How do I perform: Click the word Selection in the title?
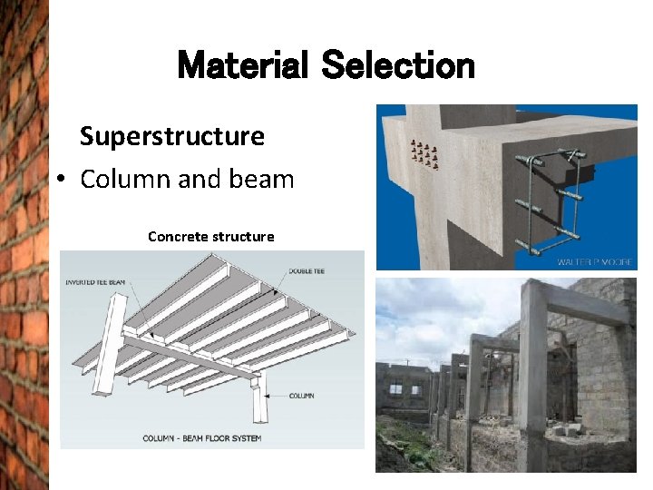coord(398,66)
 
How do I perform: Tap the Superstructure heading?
coord(171,136)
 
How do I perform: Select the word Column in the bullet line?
coord(125,179)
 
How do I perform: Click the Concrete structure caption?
coord(210,237)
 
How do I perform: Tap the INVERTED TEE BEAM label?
coord(95,282)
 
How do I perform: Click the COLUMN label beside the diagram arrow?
coord(302,396)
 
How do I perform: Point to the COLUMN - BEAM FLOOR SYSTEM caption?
coord(201,438)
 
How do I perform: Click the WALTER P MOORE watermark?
coord(594,262)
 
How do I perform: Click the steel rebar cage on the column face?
coord(550,205)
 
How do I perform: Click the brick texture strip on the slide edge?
coord(23,245)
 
